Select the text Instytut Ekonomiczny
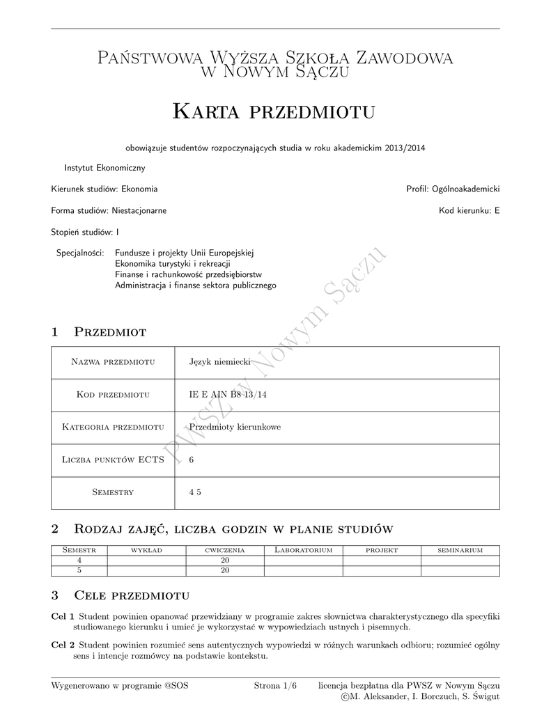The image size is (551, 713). (x=104, y=168)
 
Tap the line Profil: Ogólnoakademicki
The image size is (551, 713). (x=453, y=189)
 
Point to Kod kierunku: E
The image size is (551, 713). (x=469, y=210)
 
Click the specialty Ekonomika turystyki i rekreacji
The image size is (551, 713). (x=173, y=264)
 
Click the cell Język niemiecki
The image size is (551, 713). (x=219, y=362)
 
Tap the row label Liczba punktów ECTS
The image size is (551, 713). (x=113, y=460)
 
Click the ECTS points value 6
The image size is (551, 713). (x=192, y=460)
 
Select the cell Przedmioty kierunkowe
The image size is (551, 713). (x=235, y=427)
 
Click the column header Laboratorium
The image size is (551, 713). (x=303, y=550)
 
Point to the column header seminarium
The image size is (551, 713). (x=460, y=550)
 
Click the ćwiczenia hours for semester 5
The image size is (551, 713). (x=225, y=570)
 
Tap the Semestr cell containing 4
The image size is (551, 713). (x=79, y=560)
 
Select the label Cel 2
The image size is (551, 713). (x=63, y=645)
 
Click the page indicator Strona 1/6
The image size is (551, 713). (x=275, y=686)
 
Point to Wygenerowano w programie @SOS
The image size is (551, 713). (x=119, y=686)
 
